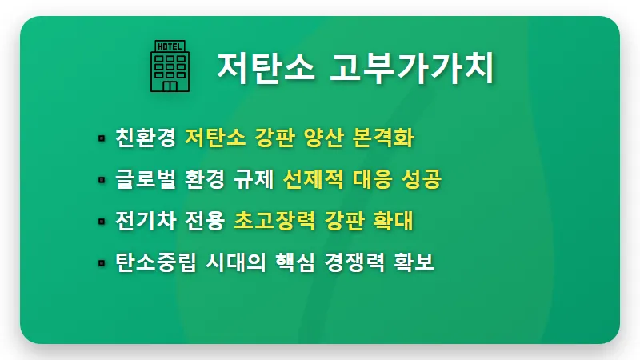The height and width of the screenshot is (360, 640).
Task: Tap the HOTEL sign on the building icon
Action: click(170, 46)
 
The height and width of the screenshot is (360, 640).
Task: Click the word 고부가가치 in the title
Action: click(414, 66)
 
